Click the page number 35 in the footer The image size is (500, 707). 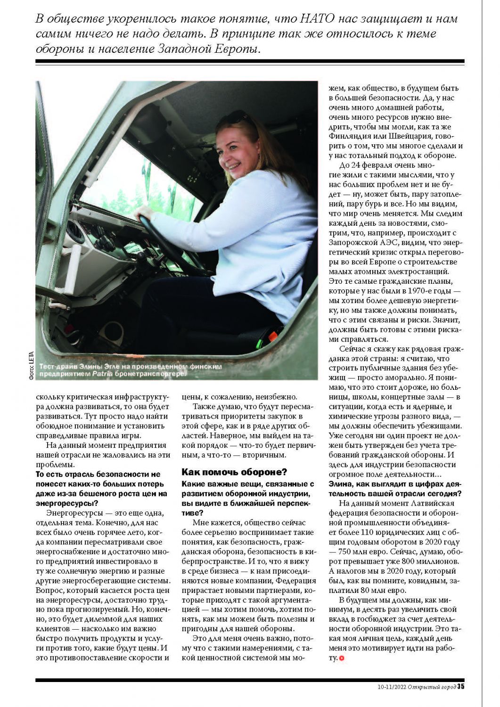pyautogui.click(x=461, y=686)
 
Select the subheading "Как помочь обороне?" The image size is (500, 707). pyautogui.click(x=234, y=472)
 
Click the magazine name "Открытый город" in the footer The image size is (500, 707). pyautogui.click(x=432, y=686)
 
